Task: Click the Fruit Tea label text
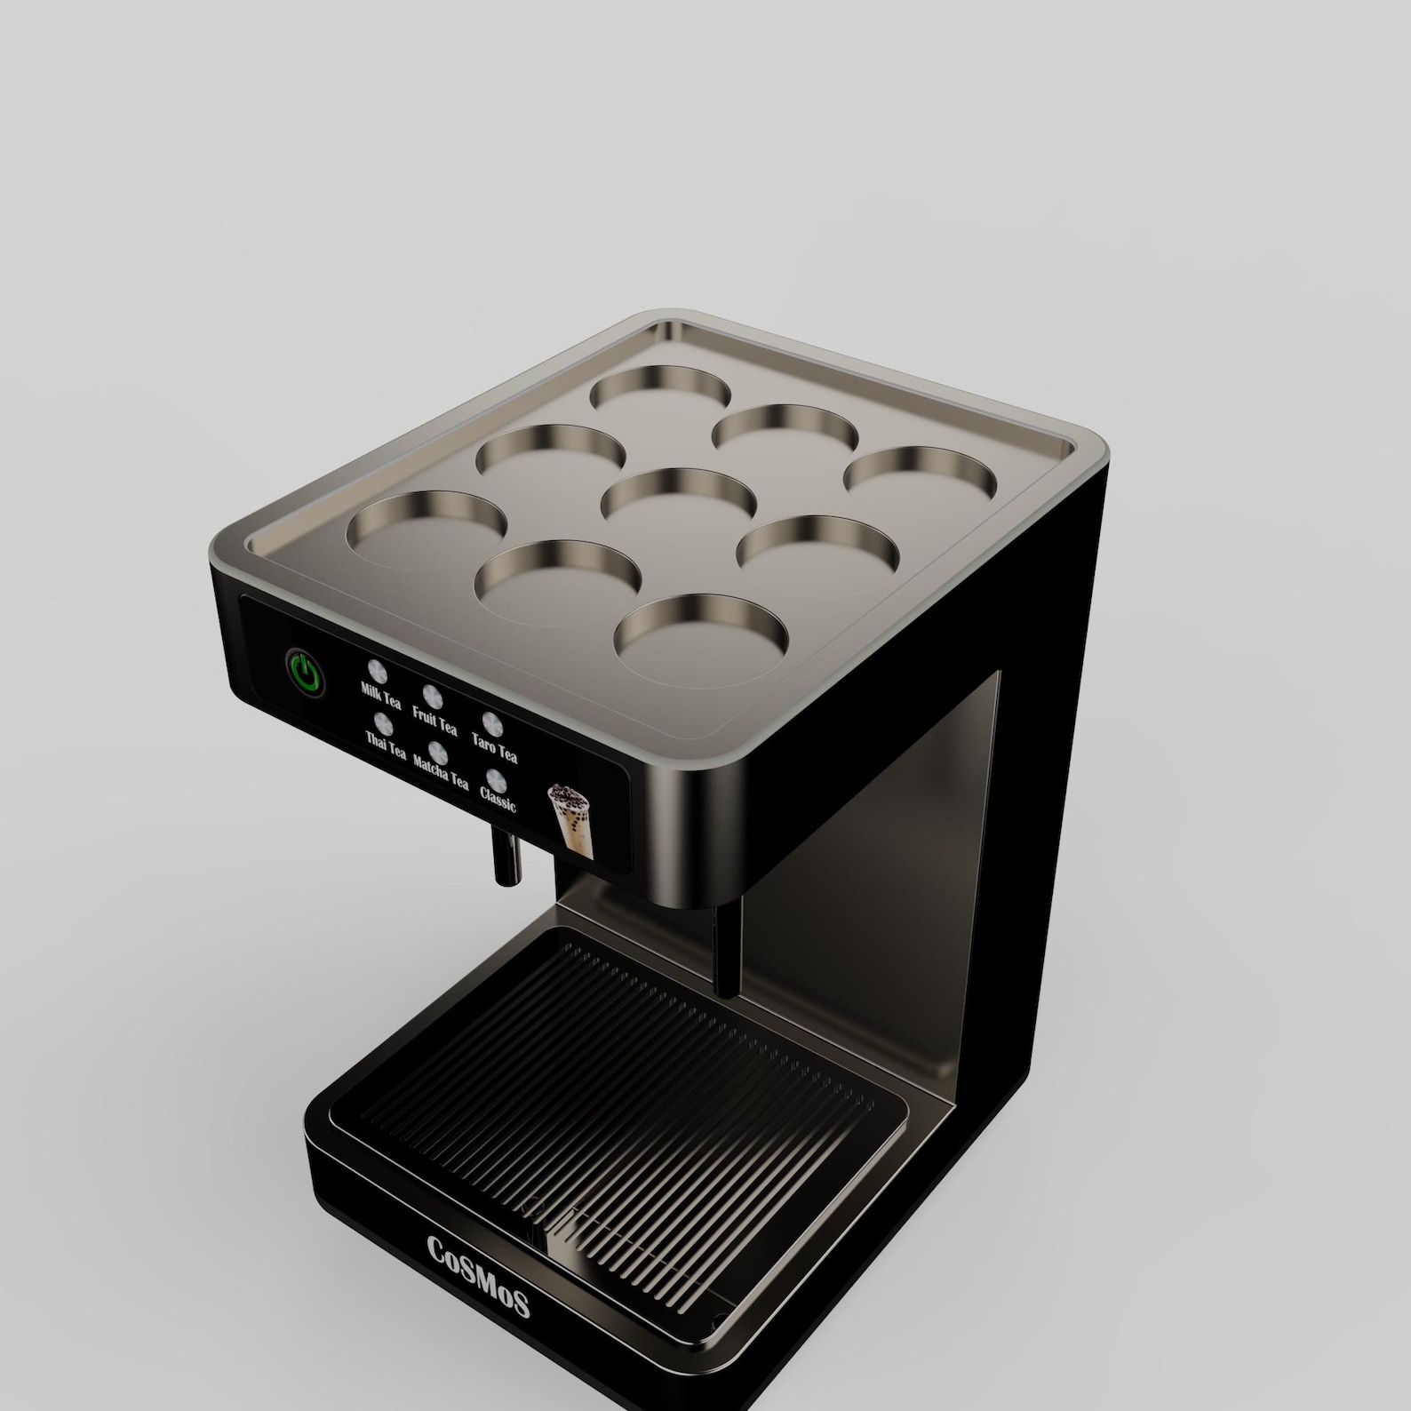pyautogui.click(x=434, y=721)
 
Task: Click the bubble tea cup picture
pyautogui.click(x=570, y=818)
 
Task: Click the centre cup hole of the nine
pyautogui.click(x=678, y=495)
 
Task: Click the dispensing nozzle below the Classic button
pyautogui.click(x=506, y=857)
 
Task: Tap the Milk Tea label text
pyautogui.click(x=380, y=695)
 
